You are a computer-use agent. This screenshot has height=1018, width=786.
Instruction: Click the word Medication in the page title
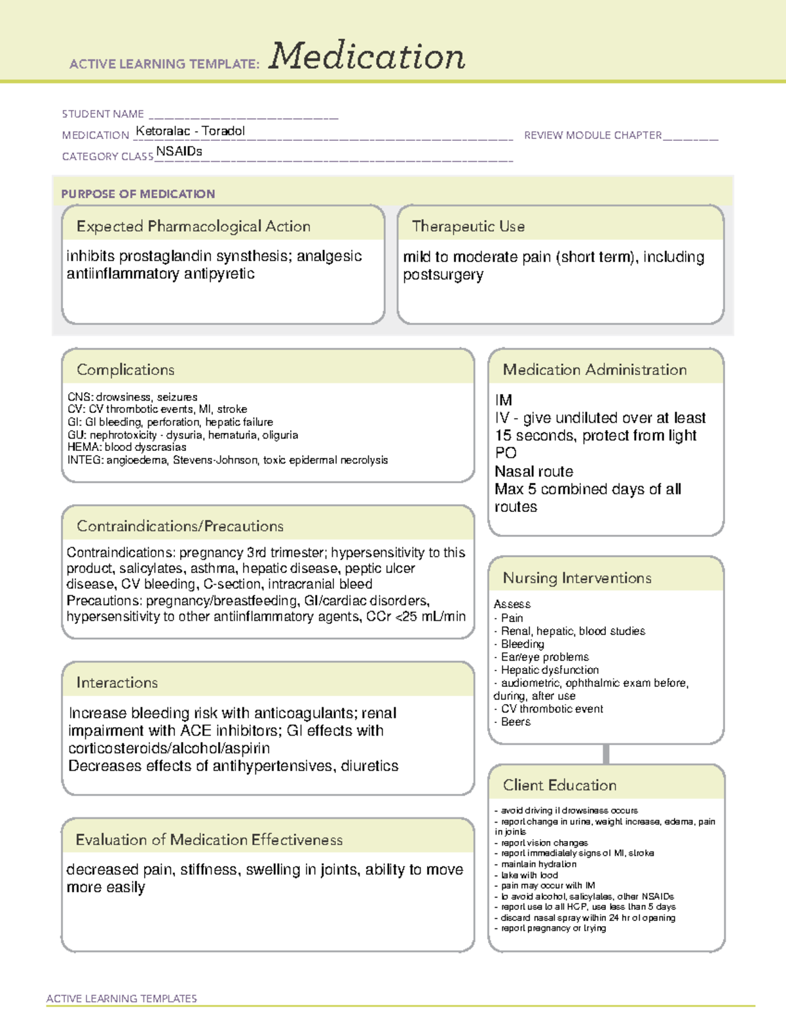point(367,56)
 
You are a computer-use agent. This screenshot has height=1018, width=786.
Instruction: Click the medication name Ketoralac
point(162,131)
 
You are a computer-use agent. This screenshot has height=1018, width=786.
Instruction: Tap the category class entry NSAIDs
point(179,151)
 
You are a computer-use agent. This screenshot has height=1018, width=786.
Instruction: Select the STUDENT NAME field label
point(103,114)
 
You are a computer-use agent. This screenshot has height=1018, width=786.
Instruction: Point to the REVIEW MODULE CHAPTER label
point(593,135)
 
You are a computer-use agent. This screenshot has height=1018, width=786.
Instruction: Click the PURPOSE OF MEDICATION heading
point(138,194)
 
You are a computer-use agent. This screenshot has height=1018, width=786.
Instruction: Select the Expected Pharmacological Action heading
point(193,226)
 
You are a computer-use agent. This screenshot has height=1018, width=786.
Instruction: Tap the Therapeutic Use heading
point(468,226)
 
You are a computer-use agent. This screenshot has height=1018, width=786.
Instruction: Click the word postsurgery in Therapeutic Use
point(443,275)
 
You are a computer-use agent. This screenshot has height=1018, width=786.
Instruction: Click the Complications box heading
point(125,370)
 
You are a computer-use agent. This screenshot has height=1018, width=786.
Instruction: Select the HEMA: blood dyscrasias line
point(126,447)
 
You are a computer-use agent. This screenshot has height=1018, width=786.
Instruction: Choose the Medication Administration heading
point(594,370)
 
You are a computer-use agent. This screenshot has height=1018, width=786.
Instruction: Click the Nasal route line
point(534,471)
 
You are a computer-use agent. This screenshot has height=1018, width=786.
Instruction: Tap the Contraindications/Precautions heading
point(179,526)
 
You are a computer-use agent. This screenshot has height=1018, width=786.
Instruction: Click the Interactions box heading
point(117,682)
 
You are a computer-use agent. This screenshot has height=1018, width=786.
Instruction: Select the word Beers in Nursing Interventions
point(515,722)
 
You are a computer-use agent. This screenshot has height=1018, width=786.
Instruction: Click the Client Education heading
point(559,785)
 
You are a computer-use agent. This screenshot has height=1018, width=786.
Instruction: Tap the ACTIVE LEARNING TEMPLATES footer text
point(121,998)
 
